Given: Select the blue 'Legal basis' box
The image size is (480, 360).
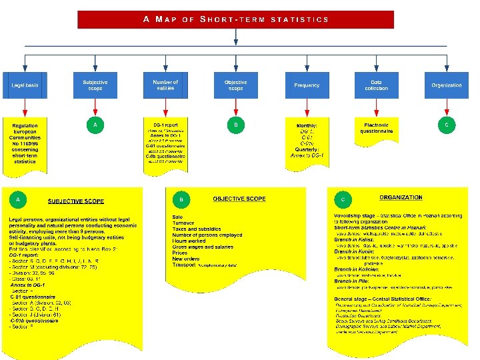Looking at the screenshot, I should click(25, 85).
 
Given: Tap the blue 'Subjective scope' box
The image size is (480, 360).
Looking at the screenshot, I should click(95, 85).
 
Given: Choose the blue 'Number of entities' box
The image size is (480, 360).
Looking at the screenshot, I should click(165, 85).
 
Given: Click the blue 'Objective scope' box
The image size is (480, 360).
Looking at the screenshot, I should click(235, 85).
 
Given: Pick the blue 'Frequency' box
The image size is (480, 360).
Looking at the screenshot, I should click(307, 85).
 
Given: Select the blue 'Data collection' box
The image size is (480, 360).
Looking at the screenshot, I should click(376, 85).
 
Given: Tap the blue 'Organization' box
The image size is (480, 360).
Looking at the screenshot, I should click(446, 85).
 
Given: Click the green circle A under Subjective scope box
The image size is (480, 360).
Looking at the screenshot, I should click(95, 125).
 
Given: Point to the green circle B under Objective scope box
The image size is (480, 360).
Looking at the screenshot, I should click(235, 125).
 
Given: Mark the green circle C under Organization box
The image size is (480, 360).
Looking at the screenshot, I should click(446, 125).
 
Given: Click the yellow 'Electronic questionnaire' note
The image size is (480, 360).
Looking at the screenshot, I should click(377, 128).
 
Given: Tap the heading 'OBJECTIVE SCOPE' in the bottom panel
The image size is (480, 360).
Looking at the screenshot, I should click(239, 199).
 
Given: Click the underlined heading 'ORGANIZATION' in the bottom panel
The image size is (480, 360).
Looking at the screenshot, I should click(401, 197).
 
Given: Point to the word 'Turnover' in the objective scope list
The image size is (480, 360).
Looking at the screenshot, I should click(183, 223).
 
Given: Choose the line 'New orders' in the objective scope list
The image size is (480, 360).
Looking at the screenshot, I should click(186, 259).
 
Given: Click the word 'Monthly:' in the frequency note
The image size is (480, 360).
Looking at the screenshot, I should click(307, 125).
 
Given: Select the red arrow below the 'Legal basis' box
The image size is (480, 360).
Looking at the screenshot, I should click(25, 107).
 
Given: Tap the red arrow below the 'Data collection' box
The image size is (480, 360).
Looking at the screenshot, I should click(376, 107).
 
